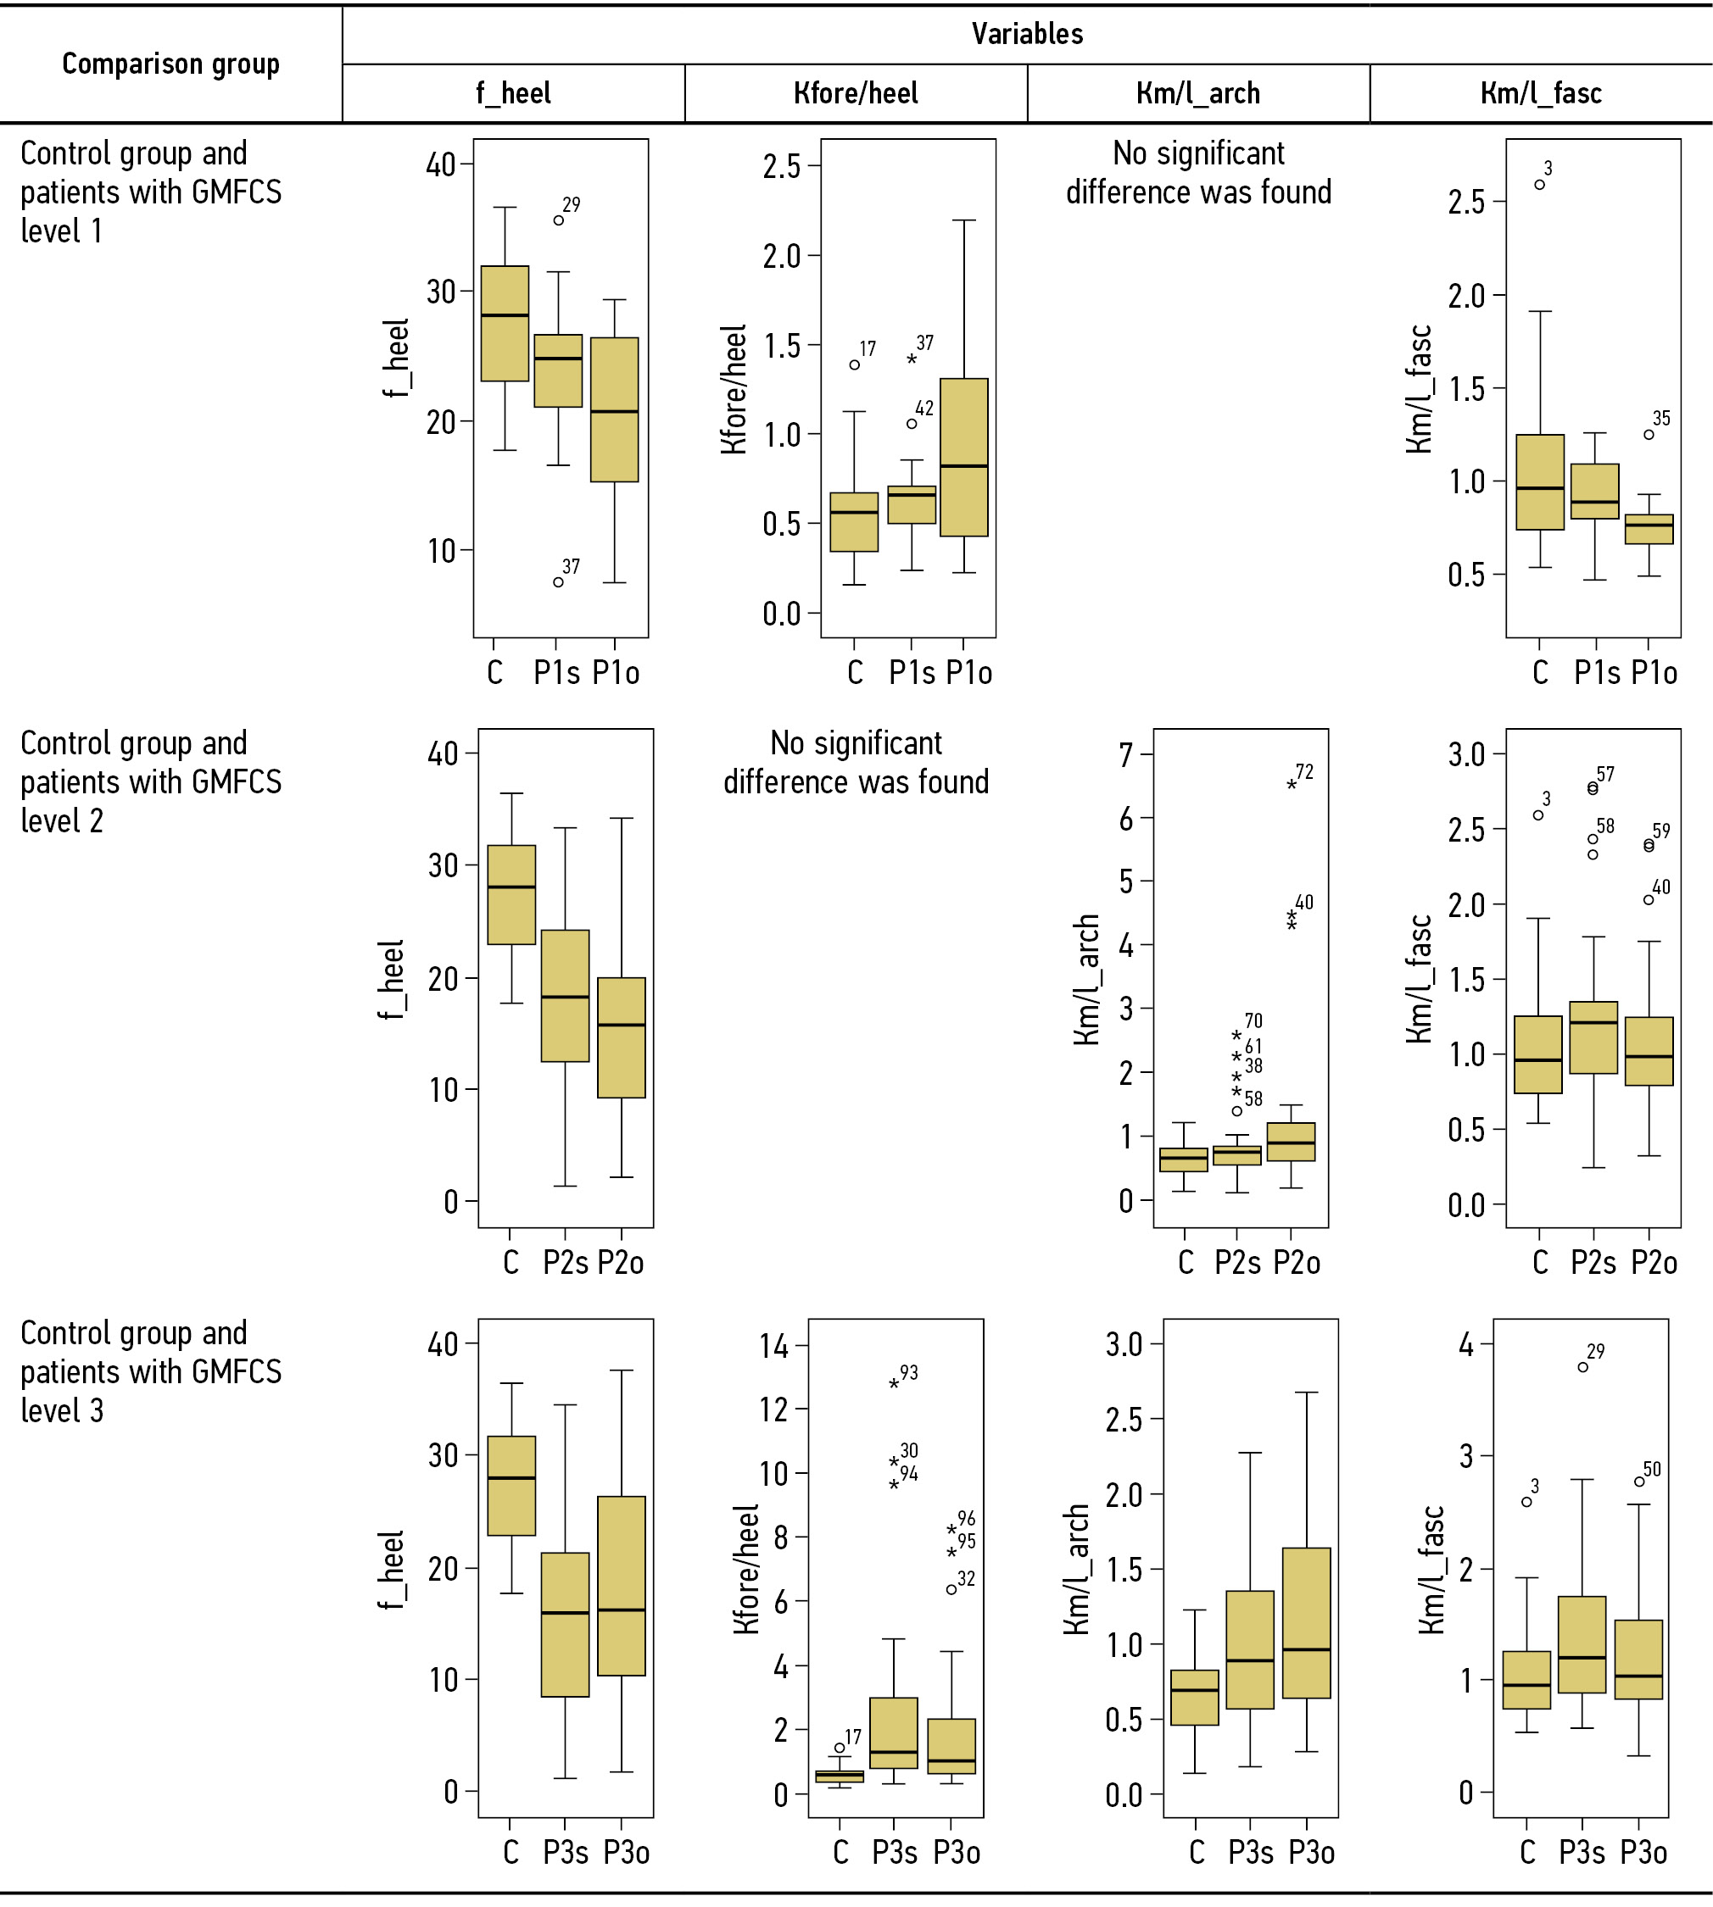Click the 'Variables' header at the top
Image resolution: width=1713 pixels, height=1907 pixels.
[x=1027, y=35]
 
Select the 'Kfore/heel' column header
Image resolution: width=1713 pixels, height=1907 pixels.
[x=856, y=93]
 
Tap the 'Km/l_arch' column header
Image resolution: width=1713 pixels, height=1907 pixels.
[x=1197, y=93]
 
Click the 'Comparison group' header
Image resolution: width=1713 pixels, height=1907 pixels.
[x=170, y=64]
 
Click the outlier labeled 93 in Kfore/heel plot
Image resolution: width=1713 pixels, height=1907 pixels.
[x=894, y=1384]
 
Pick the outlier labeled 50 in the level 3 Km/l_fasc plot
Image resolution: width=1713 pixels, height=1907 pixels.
[x=1639, y=1482]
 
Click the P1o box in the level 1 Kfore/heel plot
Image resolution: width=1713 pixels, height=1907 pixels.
[x=964, y=457]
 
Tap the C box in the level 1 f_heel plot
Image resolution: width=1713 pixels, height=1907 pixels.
[x=505, y=324]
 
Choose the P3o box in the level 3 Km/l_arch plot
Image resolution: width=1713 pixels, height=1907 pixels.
[x=1307, y=1623]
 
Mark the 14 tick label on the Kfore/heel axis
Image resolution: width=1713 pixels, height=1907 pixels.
[x=773, y=1346]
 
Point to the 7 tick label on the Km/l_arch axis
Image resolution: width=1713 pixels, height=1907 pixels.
[x=1125, y=754]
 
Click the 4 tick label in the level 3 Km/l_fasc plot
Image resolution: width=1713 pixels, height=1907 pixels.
[x=1465, y=1344]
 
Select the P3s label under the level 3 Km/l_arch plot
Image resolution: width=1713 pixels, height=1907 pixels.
[x=1250, y=1853]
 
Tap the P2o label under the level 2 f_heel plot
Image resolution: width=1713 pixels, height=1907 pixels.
[x=620, y=1263]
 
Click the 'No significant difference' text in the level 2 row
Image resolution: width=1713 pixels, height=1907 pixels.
[x=856, y=763]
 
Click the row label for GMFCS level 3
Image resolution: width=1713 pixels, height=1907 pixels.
[x=151, y=1371]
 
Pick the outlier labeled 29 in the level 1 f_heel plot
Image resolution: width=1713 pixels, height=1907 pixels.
[x=558, y=220]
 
